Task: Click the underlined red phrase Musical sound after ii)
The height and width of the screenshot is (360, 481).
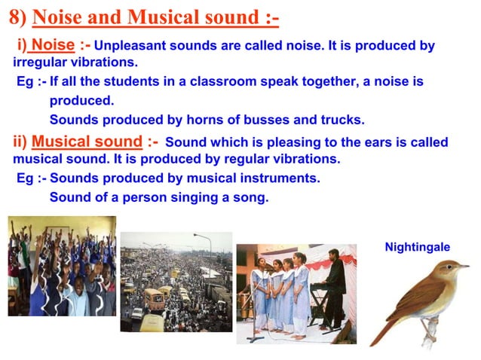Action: [87, 142]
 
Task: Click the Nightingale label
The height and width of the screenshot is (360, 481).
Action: [417, 247]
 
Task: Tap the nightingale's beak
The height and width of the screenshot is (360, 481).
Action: [464, 266]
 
